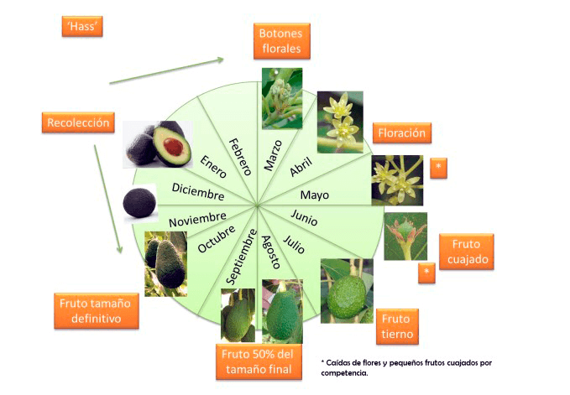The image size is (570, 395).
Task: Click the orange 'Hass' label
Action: click(x=82, y=26)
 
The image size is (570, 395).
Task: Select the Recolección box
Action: click(x=78, y=122)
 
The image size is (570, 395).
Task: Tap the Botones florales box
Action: click(x=282, y=40)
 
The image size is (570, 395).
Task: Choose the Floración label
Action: click(x=403, y=133)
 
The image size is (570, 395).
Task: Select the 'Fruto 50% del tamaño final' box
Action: click(x=259, y=361)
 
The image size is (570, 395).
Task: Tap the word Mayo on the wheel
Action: click(x=315, y=195)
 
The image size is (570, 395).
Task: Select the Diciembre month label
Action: click(x=198, y=191)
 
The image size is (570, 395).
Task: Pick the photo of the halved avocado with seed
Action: click(x=157, y=143)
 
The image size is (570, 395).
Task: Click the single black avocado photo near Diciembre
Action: click(x=139, y=203)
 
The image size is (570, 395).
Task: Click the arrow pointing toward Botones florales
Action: click(x=167, y=70)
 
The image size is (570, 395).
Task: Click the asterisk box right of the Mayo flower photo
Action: click(x=437, y=168)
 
